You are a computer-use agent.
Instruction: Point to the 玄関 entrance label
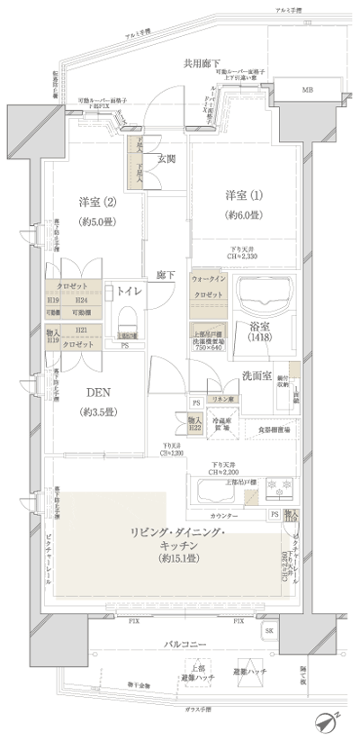(x=167, y=161)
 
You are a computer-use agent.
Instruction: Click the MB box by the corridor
(x=308, y=91)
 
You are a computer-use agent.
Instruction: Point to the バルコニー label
(x=188, y=645)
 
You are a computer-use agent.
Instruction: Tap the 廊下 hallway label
(x=165, y=273)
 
